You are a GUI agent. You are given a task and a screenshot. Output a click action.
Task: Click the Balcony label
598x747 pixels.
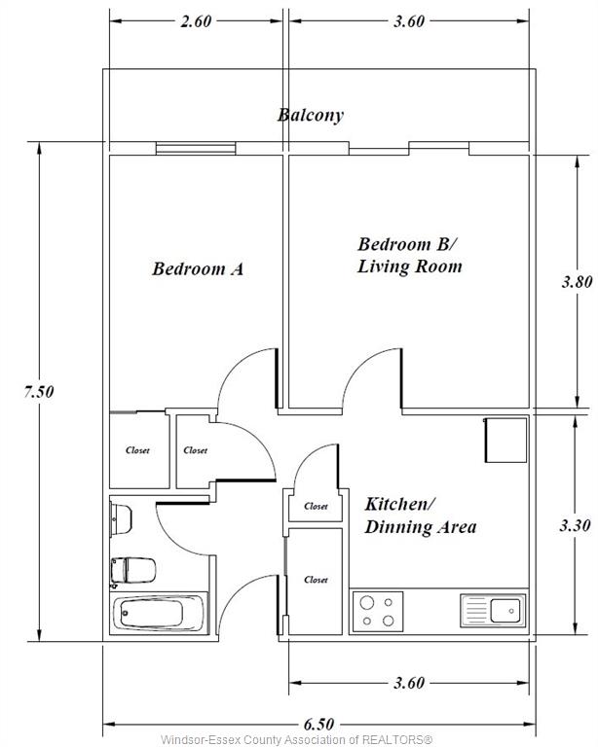coord(311,116)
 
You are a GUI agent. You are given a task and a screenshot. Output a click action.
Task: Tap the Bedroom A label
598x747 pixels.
coord(198,268)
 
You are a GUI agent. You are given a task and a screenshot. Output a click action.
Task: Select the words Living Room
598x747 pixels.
coord(410,266)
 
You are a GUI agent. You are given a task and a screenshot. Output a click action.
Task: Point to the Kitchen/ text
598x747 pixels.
coord(399,504)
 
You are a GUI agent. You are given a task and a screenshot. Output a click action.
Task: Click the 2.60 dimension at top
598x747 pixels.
coord(196,21)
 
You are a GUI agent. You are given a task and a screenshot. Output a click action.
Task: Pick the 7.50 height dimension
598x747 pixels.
coord(39,392)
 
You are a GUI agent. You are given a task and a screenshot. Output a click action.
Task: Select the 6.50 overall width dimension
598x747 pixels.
coord(319,725)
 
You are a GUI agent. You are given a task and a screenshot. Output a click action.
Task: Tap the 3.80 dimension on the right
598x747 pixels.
coord(577,282)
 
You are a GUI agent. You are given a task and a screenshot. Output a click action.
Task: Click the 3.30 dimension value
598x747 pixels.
coord(575,526)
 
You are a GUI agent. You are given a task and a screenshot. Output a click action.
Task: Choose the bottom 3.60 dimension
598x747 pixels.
coord(409,683)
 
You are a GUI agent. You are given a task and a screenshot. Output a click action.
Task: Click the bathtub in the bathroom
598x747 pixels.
coord(159,613)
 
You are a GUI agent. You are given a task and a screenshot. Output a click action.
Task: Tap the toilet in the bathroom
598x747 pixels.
coord(133,570)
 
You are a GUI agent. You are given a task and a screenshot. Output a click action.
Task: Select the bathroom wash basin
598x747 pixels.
coord(121,518)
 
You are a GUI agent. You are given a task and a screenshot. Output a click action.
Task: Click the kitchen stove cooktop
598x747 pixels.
coord(378,612)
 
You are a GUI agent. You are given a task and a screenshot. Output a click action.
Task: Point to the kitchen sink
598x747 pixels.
coord(493,610)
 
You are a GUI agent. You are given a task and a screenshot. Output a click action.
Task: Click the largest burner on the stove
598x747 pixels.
coord(367,603)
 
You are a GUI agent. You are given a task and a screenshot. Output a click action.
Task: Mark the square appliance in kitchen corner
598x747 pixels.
coord(506,441)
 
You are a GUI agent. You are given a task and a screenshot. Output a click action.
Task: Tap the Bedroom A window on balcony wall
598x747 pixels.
coord(196,148)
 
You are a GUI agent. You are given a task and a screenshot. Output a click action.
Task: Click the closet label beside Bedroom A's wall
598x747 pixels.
coord(137,450)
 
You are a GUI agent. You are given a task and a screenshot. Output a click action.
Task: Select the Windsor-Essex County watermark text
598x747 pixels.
coord(297,740)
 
